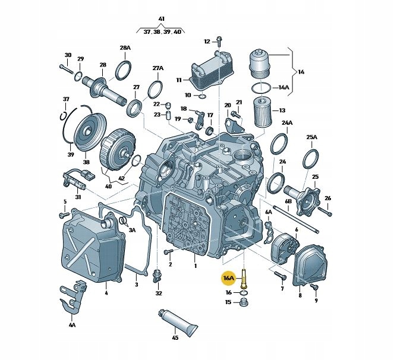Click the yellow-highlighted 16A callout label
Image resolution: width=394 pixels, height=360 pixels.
tap(229, 278)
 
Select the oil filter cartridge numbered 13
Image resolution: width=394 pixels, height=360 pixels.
tap(262, 112)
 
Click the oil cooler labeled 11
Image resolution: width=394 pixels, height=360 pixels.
tap(211, 71)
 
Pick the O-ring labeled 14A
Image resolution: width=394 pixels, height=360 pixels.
tap(261, 88)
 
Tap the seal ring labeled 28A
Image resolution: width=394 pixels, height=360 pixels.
tap(124, 70)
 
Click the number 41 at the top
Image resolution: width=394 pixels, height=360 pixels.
tap(161, 19)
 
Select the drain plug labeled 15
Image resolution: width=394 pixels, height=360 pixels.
tap(244, 302)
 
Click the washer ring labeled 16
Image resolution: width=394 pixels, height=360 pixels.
tap(244, 293)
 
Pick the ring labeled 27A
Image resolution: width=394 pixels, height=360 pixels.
tap(155, 90)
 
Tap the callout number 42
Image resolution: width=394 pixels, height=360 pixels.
tap(121, 178)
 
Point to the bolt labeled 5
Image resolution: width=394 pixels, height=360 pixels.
tap(64, 215)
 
